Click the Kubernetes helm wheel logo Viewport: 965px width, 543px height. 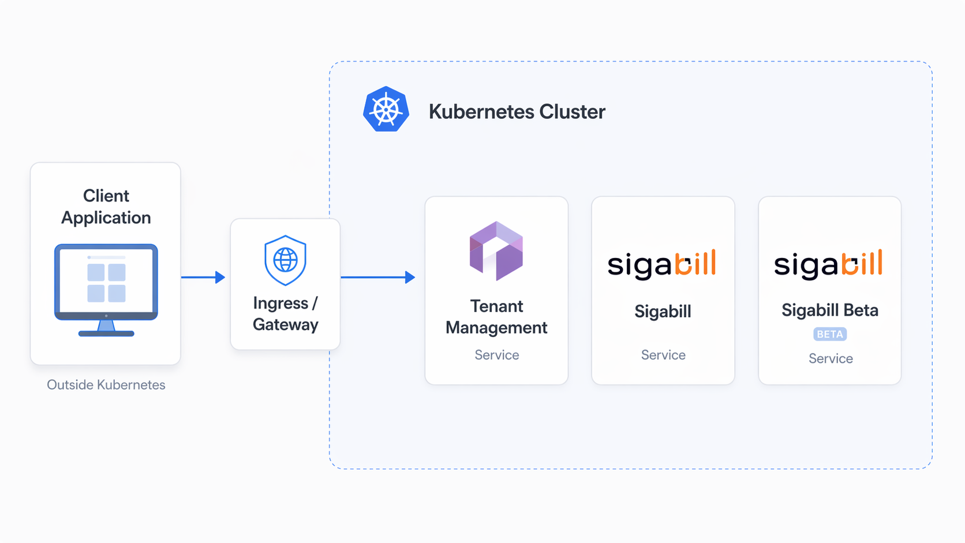click(386, 109)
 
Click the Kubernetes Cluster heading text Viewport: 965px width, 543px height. click(517, 112)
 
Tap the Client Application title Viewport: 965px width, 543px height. click(106, 207)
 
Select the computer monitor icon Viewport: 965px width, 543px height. click(106, 290)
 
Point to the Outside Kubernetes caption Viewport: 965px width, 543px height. click(106, 384)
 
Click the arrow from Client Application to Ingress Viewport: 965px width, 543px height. click(203, 277)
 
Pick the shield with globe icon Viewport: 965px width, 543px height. click(285, 260)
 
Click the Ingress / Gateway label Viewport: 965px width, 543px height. click(285, 314)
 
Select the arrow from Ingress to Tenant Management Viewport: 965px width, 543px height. click(378, 277)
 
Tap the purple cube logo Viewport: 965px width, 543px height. click(496, 250)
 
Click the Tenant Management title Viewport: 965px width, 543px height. click(496, 317)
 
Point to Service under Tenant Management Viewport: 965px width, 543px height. click(497, 355)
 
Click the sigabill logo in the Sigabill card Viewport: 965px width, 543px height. click(662, 264)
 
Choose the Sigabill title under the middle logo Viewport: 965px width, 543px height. click(663, 312)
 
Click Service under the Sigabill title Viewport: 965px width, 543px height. click(664, 355)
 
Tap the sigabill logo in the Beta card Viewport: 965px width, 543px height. click(828, 264)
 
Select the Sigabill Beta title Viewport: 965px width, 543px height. click(830, 310)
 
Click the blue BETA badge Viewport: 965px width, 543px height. click(830, 334)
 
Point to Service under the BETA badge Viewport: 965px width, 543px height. click(831, 359)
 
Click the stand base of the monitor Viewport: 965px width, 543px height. click(106, 334)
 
